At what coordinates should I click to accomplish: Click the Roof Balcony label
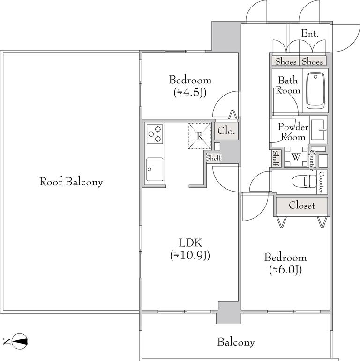(71, 182)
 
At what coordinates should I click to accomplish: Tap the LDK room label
(190, 243)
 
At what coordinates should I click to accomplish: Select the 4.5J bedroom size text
(190, 93)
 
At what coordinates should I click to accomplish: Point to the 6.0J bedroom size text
(285, 270)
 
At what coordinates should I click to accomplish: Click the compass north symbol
(20, 341)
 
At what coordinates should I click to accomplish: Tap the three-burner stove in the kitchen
(155, 134)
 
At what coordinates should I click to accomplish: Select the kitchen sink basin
(155, 169)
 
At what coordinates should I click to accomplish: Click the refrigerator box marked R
(200, 136)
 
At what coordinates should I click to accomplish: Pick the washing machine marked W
(296, 157)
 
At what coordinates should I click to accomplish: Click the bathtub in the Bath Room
(315, 91)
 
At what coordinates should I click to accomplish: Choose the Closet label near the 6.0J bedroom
(302, 206)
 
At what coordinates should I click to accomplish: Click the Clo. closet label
(226, 131)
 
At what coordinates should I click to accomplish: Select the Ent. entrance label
(310, 34)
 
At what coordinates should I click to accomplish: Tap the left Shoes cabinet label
(286, 61)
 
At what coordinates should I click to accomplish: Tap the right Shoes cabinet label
(312, 61)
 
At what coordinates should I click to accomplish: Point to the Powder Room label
(293, 132)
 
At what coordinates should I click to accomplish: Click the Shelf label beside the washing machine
(276, 158)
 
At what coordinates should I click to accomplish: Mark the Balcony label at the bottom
(236, 342)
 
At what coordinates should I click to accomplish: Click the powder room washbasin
(319, 130)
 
